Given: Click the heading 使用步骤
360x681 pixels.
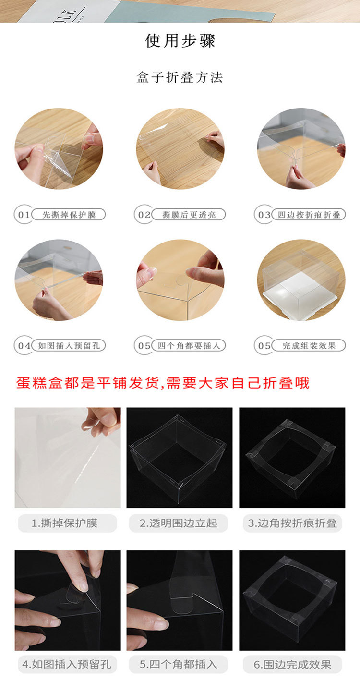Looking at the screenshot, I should pos(180,41).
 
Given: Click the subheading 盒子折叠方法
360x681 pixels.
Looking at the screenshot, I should pos(180,77).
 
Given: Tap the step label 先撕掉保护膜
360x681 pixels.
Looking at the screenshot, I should pos(69,215).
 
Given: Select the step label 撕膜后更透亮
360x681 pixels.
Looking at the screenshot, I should pos(189,215).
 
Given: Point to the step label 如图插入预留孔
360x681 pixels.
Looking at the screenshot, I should pos(69,345).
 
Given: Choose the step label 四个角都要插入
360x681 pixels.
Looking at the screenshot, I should pos(189,345).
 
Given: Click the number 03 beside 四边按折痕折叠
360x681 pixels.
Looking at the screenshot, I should pos(264,215).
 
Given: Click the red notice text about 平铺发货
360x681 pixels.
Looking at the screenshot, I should pos(163,383).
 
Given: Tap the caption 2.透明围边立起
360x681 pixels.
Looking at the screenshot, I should pos(179,523).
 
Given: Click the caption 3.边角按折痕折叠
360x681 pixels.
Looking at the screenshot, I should pos(292,523).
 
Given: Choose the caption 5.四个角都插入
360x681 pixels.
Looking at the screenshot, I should pos(179,664).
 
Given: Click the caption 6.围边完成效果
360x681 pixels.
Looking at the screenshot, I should pos(292,664).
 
